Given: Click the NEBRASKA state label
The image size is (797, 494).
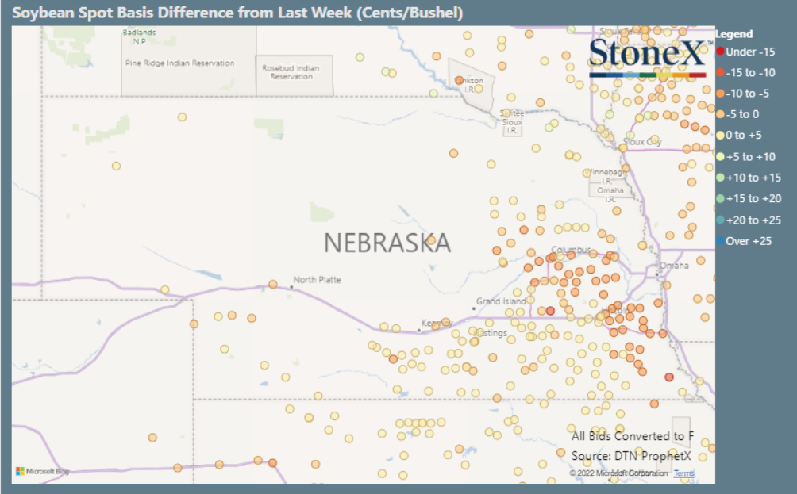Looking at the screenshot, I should coord(387,243).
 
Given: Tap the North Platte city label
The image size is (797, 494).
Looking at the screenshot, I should coord(317,280).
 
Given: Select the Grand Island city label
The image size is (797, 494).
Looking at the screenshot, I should coord(501,302).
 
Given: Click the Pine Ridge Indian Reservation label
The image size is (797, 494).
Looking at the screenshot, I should coord(179,63).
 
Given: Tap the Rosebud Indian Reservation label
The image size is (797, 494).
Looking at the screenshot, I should coord(291,72).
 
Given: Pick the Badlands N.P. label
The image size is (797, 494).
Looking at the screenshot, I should coord(139,36).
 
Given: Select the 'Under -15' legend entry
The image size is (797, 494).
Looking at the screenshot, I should coord(749,52).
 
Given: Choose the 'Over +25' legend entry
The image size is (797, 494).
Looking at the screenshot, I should coord(748,241).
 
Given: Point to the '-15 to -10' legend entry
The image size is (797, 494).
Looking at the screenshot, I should coord(749,72).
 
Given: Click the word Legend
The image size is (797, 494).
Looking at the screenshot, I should coord(734,34).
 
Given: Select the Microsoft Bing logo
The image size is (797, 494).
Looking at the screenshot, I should coord(42,471).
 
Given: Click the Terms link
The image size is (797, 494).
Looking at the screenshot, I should coord(683,473).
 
